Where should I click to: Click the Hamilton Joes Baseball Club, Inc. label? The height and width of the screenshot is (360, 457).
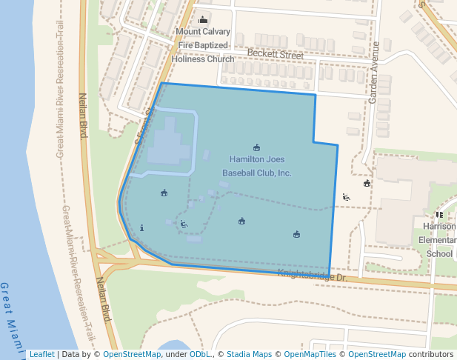pos(257,166)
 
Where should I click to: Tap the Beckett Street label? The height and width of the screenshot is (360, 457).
pos(276,55)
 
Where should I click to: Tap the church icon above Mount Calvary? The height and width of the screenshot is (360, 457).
pos(203,19)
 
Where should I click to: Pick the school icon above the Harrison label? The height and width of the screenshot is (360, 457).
pos(440,215)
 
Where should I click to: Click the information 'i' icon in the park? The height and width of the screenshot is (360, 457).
pos(141,227)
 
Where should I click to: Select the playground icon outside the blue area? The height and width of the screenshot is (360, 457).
pos(346,197)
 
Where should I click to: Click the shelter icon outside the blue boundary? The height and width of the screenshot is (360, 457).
pos(367,183)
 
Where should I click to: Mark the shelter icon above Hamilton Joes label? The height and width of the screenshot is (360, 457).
pos(257,147)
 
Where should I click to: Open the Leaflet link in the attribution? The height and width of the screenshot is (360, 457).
pos(41,355)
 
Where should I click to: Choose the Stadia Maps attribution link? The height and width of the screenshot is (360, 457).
pos(248,355)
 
